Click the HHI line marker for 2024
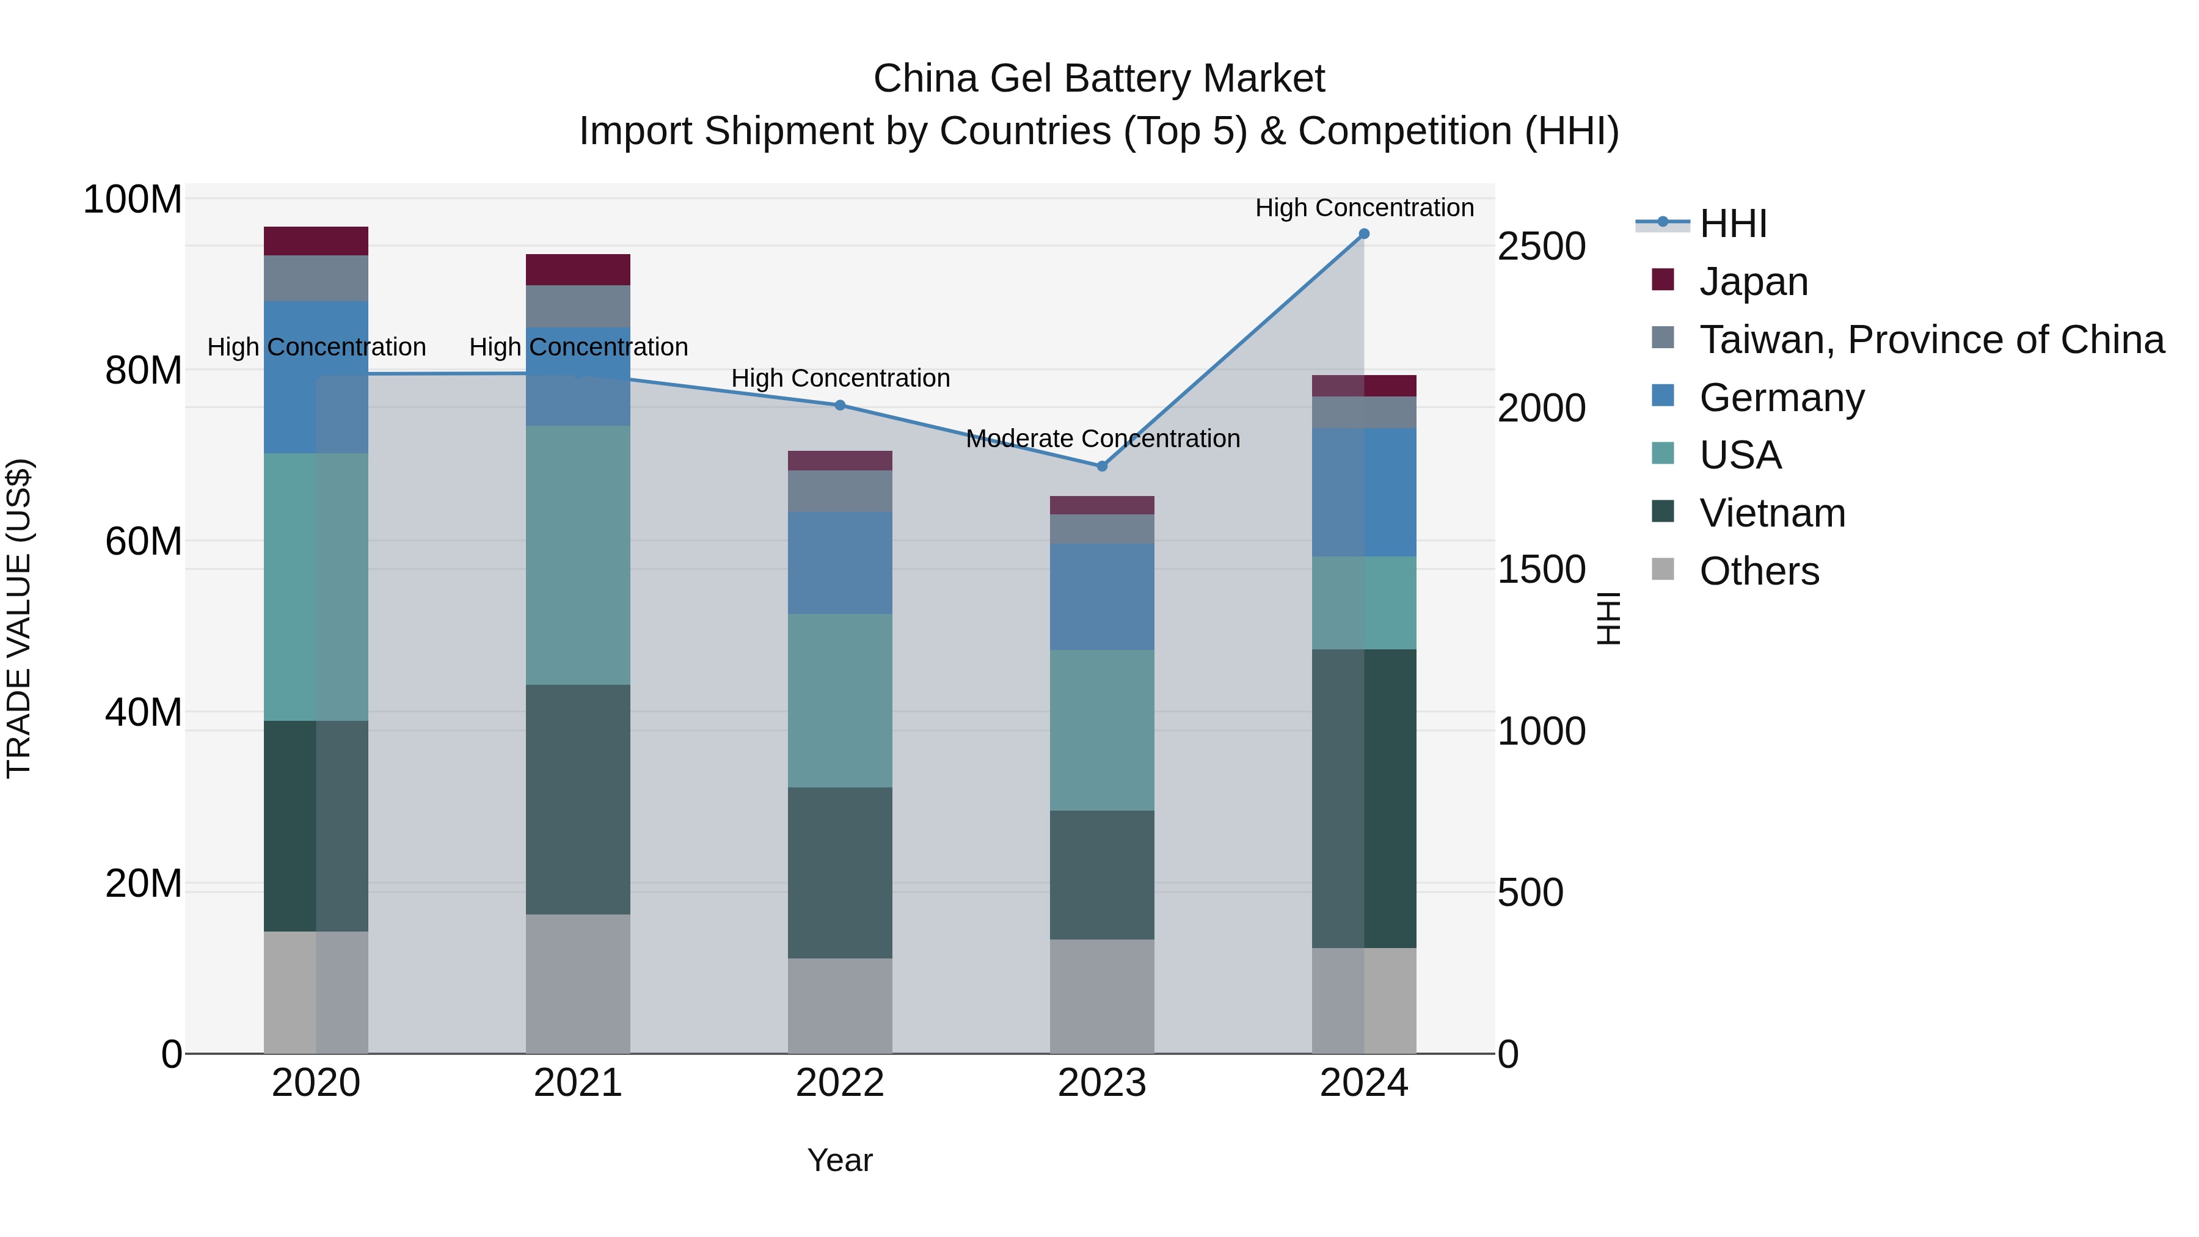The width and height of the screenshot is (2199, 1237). pyautogui.click(x=1363, y=234)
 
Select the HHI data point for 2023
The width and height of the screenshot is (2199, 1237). pyautogui.click(x=1101, y=466)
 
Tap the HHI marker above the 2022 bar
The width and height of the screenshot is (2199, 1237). pyautogui.click(x=840, y=406)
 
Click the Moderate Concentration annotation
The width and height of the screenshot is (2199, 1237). pyautogui.click(x=1102, y=439)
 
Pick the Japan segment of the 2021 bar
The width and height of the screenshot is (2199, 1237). pyautogui.click(x=578, y=270)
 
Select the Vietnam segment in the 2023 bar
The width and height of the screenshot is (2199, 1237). pyautogui.click(x=1101, y=875)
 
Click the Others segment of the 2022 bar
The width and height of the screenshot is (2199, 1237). pyautogui.click(x=840, y=1005)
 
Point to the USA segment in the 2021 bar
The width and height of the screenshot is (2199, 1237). pyautogui.click(x=578, y=555)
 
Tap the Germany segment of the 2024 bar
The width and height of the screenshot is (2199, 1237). pyautogui.click(x=1363, y=492)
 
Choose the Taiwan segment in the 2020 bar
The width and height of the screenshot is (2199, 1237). pyautogui.click(x=316, y=279)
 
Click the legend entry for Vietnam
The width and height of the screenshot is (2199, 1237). pyautogui.click(x=1771, y=513)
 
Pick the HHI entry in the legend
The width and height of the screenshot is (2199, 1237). pyautogui.click(x=1732, y=224)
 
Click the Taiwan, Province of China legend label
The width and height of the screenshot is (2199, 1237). pyautogui.click(x=1931, y=340)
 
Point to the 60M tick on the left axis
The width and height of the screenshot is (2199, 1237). pyautogui.click(x=144, y=541)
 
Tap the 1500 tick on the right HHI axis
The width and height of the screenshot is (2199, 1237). pyautogui.click(x=1541, y=569)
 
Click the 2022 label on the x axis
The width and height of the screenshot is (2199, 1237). pyautogui.click(x=840, y=1083)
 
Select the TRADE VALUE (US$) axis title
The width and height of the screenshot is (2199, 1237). pyautogui.click(x=19, y=618)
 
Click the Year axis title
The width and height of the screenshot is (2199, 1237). pyautogui.click(x=840, y=1160)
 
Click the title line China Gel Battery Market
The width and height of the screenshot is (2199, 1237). pyautogui.click(x=1099, y=79)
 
